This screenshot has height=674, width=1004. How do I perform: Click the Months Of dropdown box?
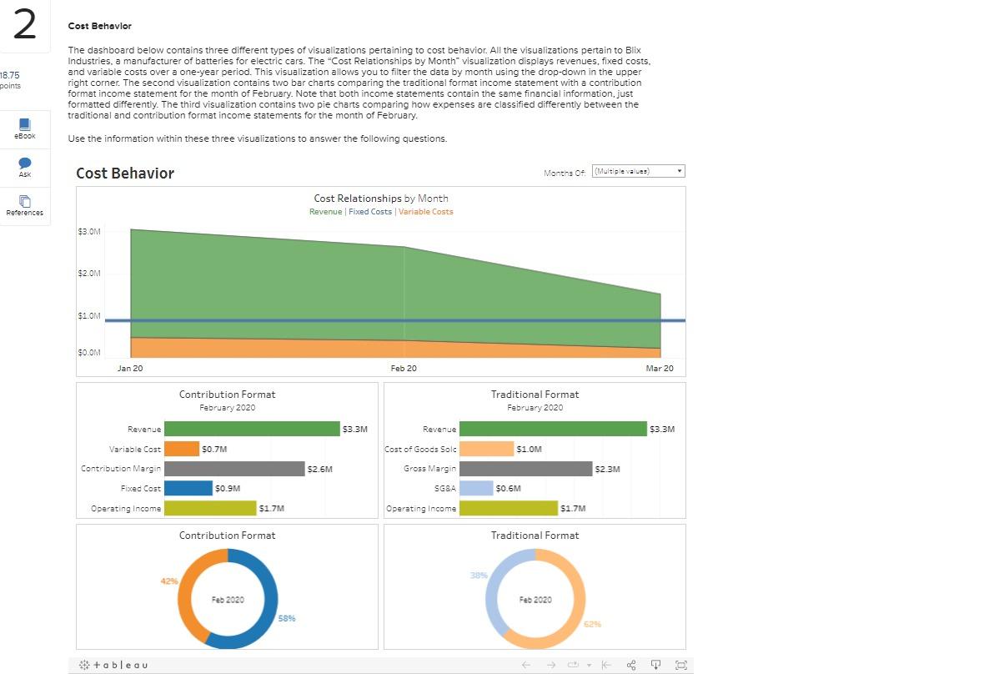tap(638, 171)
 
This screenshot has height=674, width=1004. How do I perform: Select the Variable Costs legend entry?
tap(425, 212)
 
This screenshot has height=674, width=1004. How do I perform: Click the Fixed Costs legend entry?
tap(370, 212)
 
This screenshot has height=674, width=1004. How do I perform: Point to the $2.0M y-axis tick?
tap(88, 274)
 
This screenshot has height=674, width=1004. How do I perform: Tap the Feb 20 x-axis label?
tap(404, 369)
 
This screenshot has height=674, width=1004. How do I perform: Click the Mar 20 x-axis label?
tap(660, 369)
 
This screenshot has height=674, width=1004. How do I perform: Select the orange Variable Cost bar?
tap(182, 449)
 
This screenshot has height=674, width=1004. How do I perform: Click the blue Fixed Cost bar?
tap(188, 488)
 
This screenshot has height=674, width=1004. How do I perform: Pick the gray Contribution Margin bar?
tap(234, 469)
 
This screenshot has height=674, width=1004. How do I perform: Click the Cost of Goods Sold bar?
tap(486, 449)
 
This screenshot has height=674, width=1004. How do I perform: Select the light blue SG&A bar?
tap(476, 488)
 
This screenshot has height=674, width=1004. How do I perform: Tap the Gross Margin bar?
tap(525, 469)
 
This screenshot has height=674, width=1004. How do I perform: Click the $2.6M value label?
tap(319, 469)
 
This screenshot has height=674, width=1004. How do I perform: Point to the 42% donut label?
tap(168, 581)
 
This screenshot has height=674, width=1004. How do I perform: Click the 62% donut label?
tap(592, 624)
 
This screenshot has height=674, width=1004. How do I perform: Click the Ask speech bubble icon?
tap(24, 163)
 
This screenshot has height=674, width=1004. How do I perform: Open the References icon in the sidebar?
tap(24, 202)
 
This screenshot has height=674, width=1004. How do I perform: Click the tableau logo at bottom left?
tap(114, 665)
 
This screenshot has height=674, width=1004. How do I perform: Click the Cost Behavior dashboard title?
tap(125, 174)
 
